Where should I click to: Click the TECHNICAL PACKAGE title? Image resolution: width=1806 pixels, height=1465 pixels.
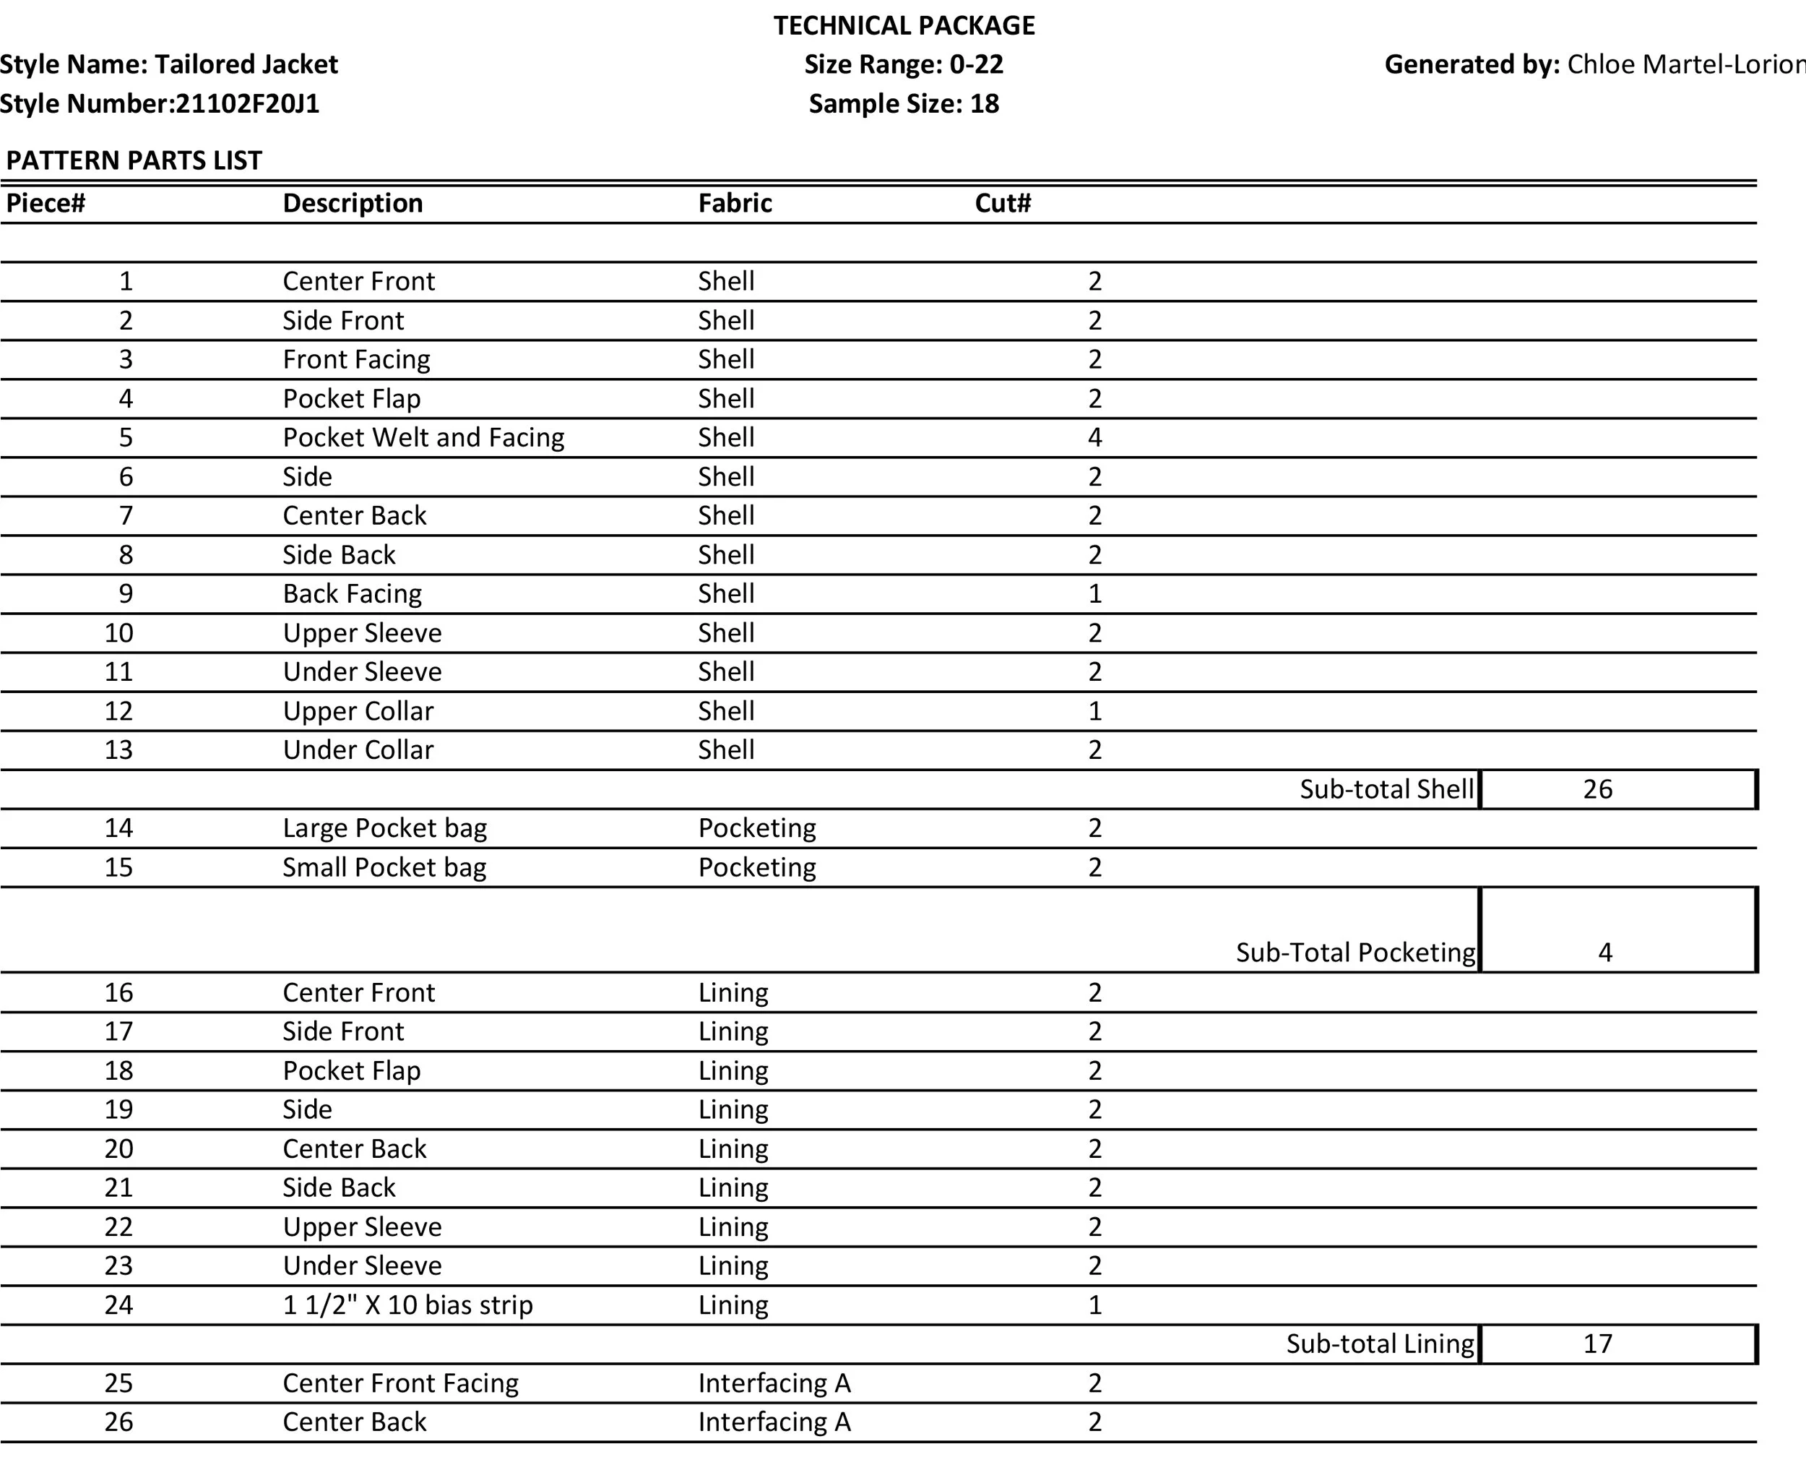[904, 26]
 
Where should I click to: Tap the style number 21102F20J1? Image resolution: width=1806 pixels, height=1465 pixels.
[247, 104]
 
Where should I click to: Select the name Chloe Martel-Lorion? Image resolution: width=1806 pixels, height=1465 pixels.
[1685, 65]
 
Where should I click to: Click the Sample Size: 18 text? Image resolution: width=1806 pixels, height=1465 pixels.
[904, 104]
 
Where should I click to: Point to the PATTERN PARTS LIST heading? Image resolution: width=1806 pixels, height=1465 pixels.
[134, 160]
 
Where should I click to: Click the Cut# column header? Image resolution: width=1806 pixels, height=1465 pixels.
[1002, 203]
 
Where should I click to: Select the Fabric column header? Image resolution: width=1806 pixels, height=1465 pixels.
[735, 203]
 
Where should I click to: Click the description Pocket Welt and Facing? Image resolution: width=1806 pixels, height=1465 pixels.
[423, 438]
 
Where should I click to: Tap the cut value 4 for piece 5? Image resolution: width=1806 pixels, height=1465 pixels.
[1094, 438]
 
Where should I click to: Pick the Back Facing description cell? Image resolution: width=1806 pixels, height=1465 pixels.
[352, 594]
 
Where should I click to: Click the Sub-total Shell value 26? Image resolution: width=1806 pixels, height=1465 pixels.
[1597, 790]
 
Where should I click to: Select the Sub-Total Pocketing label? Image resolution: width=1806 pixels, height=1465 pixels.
[1354, 953]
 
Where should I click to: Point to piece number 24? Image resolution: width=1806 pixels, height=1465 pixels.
[119, 1305]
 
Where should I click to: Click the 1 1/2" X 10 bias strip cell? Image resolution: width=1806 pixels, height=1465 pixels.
[407, 1305]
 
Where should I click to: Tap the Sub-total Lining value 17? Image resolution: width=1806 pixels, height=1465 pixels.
[1597, 1344]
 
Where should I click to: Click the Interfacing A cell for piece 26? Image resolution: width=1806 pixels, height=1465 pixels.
[774, 1422]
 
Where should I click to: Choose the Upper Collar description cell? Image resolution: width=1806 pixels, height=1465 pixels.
[358, 711]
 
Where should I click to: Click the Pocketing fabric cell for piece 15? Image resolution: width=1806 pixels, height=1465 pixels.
[756, 867]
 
